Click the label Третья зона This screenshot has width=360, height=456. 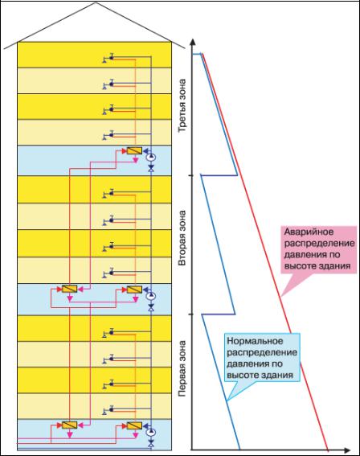pyautogui.click(x=182, y=106)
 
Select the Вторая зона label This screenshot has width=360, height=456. pyautogui.click(x=182, y=238)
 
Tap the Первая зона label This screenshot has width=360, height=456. pyautogui.click(x=182, y=368)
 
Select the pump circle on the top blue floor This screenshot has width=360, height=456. pyautogui.click(x=151, y=158)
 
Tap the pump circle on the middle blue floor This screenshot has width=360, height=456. pyautogui.click(x=151, y=296)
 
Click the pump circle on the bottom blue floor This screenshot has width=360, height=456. pyautogui.click(x=151, y=432)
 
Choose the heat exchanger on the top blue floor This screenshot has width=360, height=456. pyautogui.click(x=134, y=150)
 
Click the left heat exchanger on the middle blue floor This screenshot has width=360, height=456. pyautogui.click(x=69, y=289)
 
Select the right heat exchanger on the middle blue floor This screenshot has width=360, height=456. pyautogui.click(x=134, y=290)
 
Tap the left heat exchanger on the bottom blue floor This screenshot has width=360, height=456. pyautogui.click(x=69, y=425)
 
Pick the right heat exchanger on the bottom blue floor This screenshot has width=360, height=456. pyautogui.click(x=134, y=425)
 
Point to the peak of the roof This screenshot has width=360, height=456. pyautogui.click(x=96, y=3)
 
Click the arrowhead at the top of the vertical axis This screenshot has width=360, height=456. pyautogui.click(x=192, y=41)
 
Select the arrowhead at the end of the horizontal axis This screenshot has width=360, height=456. pyautogui.click(x=347, y=450)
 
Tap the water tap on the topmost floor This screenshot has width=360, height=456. pyautogui.click(x=108, y=59)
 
